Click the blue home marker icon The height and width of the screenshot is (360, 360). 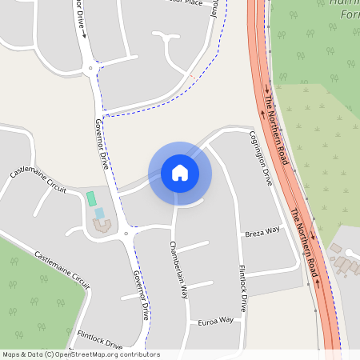tap(180, 172)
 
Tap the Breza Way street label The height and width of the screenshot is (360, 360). tap(262, 230)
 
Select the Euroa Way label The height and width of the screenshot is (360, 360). tap(215, 320)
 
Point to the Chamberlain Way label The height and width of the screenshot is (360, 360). tap(178, 269)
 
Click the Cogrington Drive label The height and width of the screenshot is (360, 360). tap(262, 158)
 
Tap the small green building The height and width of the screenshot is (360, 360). tap(91, 198)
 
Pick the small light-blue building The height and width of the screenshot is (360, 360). tap(100, 213)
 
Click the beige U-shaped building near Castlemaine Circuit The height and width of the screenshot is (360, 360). tap(102, 226)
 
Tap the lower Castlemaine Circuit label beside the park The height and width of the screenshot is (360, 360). tap(62, 269)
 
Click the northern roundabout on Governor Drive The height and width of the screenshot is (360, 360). tap(95, 69)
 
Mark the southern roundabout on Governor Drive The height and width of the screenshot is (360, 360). tap(127, 234)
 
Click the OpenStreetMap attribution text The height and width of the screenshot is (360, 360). tap(81, 354)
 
